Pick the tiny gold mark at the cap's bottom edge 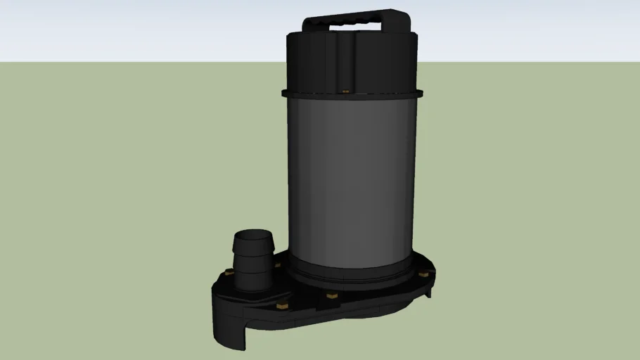point(345,90)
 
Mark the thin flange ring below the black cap point(352,94)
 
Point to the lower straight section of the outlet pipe point(253,276)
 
